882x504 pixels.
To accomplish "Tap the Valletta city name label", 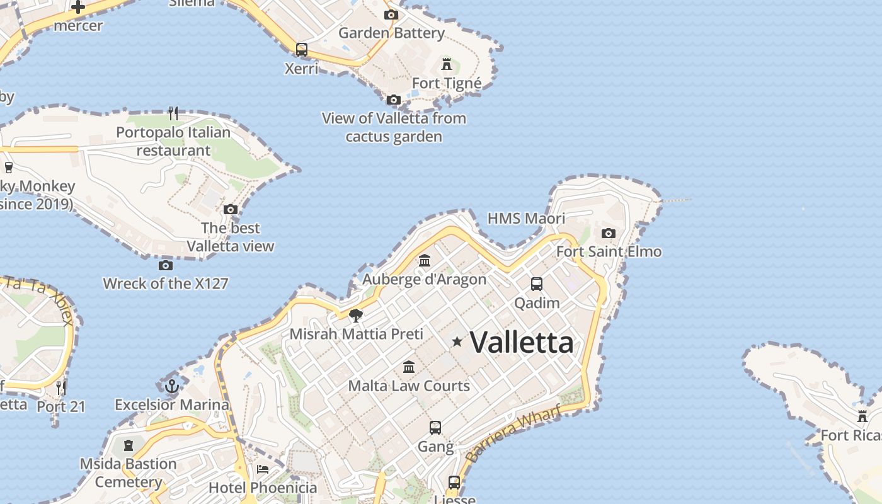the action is point(522,343).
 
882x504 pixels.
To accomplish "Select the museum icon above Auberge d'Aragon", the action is point(425,260).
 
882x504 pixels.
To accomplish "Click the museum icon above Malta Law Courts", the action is point(409,367).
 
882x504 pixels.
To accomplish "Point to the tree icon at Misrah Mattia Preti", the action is point(356,315).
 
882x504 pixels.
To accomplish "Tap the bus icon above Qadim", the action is point(537,284).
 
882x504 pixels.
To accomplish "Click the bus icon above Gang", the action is point(435,428).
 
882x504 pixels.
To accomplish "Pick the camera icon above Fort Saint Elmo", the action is point(608,233).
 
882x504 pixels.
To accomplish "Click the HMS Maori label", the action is point(526,219).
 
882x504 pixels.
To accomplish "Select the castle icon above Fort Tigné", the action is point(447,64).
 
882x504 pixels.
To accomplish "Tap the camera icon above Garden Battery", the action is point(391,14).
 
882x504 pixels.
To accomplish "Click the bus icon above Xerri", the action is point(302,49).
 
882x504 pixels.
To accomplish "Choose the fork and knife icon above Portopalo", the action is point(173,113).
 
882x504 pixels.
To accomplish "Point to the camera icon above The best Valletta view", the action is point(231,209).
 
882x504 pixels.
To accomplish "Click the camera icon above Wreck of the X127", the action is point(166,265).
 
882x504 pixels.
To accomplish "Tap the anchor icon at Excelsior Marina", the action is point(171,386).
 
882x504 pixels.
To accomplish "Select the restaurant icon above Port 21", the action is point(61,387).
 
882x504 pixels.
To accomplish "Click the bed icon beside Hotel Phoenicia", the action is point(263,469).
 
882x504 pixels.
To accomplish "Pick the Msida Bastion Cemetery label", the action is point(129,473).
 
